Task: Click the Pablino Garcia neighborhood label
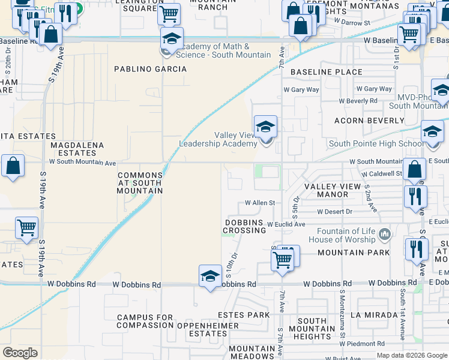151,69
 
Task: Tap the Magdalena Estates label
77,149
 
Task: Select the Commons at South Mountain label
140,183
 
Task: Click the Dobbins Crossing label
245,226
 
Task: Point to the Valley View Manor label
333,190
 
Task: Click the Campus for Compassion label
145,321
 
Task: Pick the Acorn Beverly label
363,121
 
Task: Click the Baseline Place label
327,72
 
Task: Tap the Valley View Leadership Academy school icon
265,127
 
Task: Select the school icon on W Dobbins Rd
210,276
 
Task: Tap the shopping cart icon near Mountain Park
282,260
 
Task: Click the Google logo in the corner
20,352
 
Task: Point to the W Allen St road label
259,203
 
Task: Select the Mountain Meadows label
252,352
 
